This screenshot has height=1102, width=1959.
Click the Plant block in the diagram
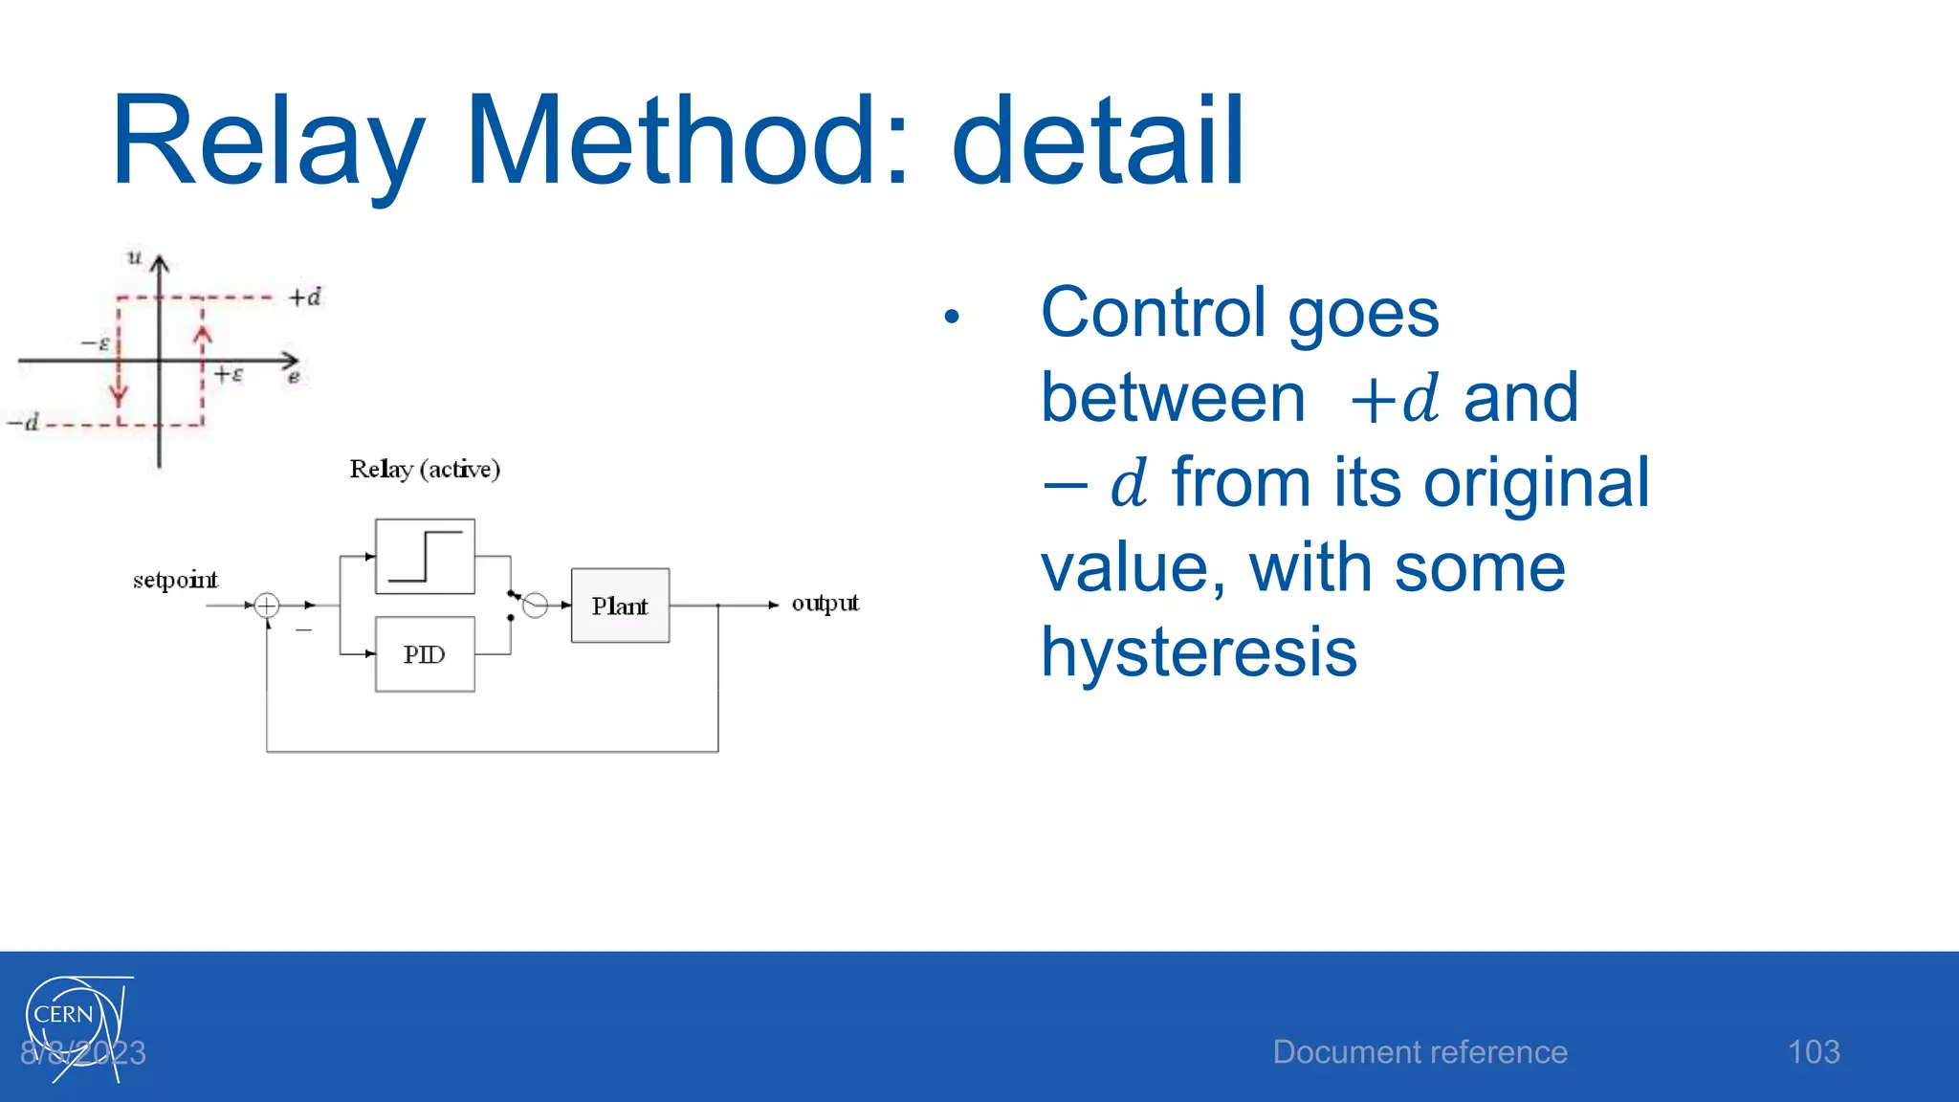click(x=620, y=606)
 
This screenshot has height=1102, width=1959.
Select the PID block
click(x=425, y=654)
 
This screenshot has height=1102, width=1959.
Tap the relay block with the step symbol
click(x=425, y=557)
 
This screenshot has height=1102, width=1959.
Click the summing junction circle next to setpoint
click(x=267, y=606)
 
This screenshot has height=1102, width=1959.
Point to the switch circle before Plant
click(x=536, y=606)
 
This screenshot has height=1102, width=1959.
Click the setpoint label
click(x=175, y=580)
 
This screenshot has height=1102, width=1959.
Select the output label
click(x=825, y=603)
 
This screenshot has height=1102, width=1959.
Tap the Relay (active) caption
click(x=425, y=469)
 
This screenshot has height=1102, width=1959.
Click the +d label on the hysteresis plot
click(x=305, y=298)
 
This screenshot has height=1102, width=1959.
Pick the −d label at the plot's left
click(x=24, y=422)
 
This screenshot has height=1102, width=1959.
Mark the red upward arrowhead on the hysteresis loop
click(x=202, y=335)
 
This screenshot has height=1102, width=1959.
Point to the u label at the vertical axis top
click(x=135, y=257)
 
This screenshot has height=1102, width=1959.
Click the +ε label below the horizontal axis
click(x=229, y=374)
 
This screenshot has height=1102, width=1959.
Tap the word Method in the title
click(x=670, y=141)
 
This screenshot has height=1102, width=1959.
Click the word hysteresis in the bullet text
click(x=1199, y=651)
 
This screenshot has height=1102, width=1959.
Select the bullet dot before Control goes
click(x=951, y=317)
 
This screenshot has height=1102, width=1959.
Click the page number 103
click(x=1814, y=1052)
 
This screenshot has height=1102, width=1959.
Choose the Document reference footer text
click(x=1420, y=1052)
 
